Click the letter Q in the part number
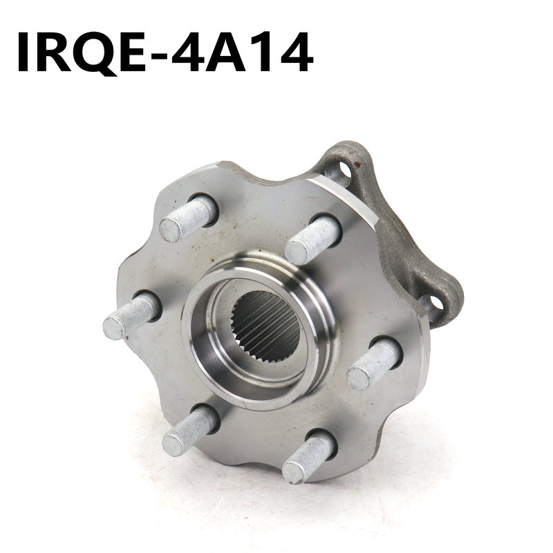coord(96,53)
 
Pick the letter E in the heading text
coord(134,52)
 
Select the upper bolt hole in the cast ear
coord(343,171)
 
